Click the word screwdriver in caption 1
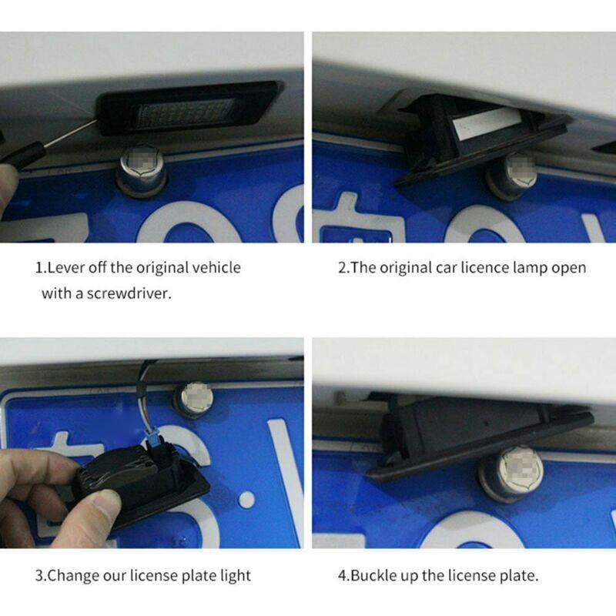(132, 293)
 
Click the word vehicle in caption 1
(216, 268)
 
